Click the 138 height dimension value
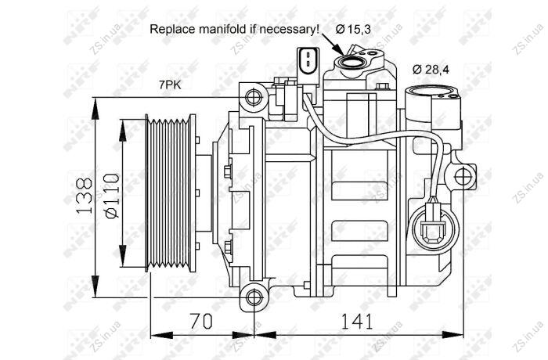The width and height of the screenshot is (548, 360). point(84,196)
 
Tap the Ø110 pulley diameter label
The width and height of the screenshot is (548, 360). point(112,196)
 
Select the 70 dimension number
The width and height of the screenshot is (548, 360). point(201,321)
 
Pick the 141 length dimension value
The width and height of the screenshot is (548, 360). point(357,321)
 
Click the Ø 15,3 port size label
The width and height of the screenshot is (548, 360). point(353,30)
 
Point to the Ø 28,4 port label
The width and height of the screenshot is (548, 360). point(431,70)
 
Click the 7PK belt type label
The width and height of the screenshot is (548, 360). point(170,85)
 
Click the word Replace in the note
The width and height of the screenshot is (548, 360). point(173,30)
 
